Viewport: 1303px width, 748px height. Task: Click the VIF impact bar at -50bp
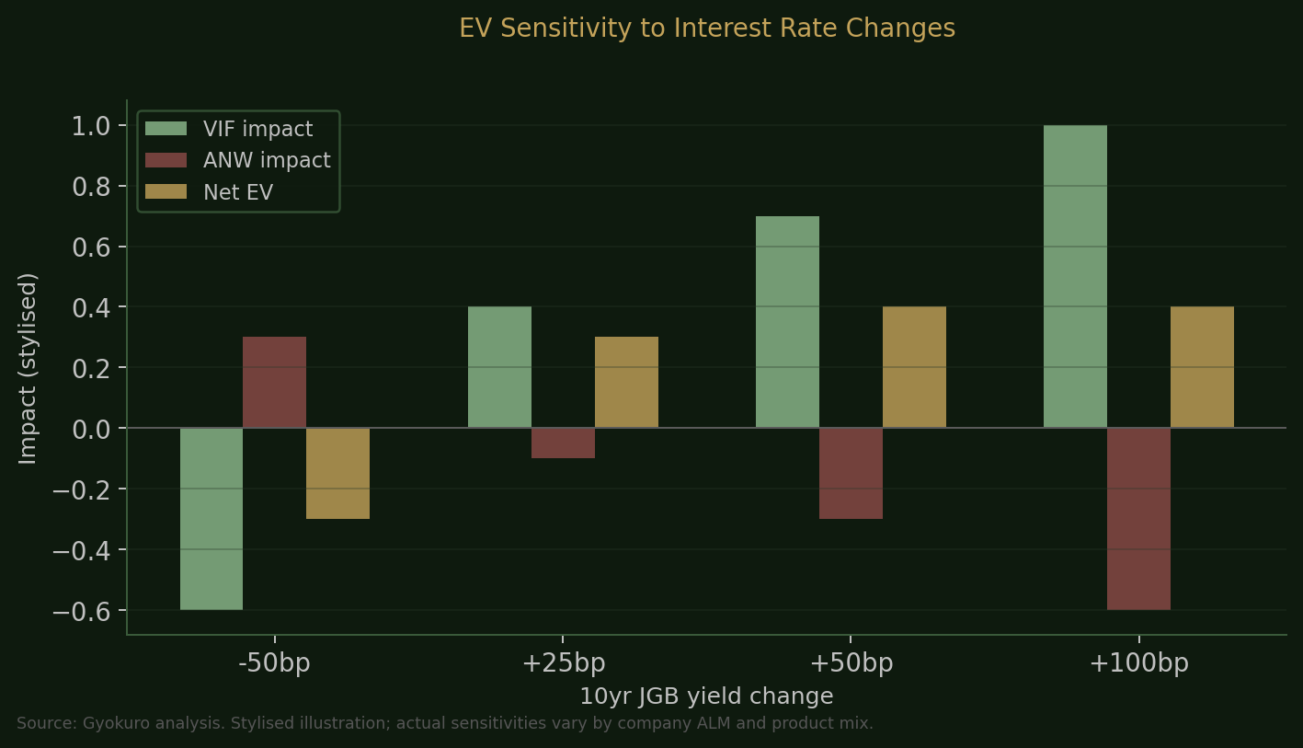pos(211,519)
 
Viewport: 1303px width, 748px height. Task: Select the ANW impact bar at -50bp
pos(274,382)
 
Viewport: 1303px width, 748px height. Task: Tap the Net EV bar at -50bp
pos(337,473)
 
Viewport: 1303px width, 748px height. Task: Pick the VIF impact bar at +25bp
pos(499,367)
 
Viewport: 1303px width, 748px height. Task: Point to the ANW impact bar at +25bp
pos(563,443)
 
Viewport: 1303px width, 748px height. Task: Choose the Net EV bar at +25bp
pos(626,382)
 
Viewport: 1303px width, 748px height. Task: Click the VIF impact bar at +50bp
pos(787,322)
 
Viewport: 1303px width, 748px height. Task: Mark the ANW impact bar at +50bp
pos(851,473)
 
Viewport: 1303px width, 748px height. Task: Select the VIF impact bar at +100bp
pos(1075,276)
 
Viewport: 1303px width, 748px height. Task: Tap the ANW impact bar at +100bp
pos(1138,519)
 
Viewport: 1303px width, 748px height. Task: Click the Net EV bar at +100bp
pos(1202,367)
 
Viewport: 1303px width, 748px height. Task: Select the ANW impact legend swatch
pos(166,161)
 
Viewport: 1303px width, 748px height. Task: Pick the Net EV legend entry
pos(237,192)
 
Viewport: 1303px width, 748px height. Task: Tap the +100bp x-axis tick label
pos(1138,663)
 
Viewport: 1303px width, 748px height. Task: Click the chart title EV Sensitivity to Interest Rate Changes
pos(707,29)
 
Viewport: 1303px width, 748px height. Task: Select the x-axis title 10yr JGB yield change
pos(706,696)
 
